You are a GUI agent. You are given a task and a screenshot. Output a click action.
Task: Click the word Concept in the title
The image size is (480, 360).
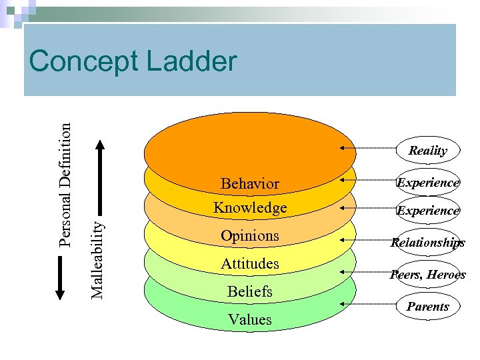(x=83, y=62)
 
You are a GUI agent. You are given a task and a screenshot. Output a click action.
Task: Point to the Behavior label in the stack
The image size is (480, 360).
(x=249, y=183)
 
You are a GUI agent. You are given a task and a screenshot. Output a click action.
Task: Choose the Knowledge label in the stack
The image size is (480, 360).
(x=249, y=208)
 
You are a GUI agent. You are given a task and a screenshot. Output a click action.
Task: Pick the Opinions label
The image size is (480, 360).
(x=249, y=236)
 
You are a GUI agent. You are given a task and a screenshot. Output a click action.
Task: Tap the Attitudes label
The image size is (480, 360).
(x=249, y=264)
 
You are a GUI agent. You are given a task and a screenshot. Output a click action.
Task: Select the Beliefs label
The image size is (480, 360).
(x=249, y=292)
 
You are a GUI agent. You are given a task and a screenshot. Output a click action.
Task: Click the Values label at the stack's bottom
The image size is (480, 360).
(x=249, y=320)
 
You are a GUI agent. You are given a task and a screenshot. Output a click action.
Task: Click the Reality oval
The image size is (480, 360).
(x=427, y=150)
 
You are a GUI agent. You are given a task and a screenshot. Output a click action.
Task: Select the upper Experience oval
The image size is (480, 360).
(x=428, y=182)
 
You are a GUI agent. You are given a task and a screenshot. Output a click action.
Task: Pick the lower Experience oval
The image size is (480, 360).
(x=428, y=210)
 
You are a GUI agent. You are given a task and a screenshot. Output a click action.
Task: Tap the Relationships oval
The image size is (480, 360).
(x=428, y=243)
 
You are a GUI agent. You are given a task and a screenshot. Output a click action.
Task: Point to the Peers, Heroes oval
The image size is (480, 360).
(x=428, y=275)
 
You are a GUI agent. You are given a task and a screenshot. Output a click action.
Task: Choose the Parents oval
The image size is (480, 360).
(x=428, y=307)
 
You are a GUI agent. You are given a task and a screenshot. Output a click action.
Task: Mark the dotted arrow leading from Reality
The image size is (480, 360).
(x=370, y=147)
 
